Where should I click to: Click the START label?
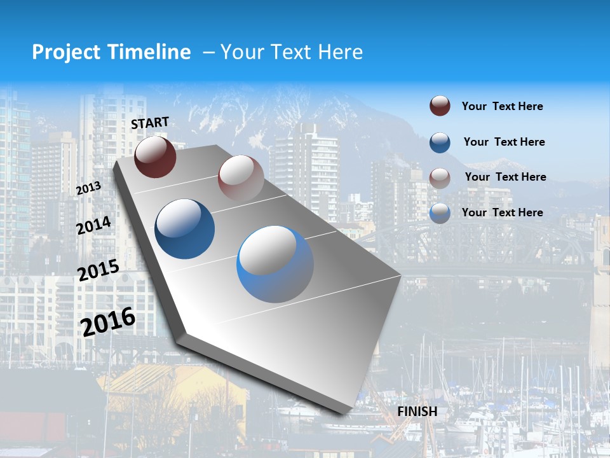click(x=150, y=123)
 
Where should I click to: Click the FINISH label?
click(x=417, y=412)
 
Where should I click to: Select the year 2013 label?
click(x=88, y=188)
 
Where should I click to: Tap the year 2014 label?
click(x=93, y=226)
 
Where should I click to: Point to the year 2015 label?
click(x=98, y=270)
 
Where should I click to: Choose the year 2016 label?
click(x=108, y=322)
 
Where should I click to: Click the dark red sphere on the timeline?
click(x=155, y=156)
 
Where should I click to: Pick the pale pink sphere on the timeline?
click(x=241, y=178)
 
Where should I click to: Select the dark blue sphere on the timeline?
click(x=184, y=229)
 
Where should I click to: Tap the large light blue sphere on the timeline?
click(x=275, y=264)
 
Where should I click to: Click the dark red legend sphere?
click(x=440, y=106)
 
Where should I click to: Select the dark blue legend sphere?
click(x=440, y=142)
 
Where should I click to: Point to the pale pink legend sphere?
click(x=440, y=177)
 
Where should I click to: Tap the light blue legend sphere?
click(x=440, y=213)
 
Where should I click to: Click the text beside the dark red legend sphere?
click(x=502, y=107)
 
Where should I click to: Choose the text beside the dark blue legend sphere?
click(x=504, y=142)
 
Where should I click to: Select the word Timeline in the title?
click(x=150, y=52)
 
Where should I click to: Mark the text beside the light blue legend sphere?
click(x=502, y=212)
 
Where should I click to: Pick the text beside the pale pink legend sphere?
click(x=505, y=177)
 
